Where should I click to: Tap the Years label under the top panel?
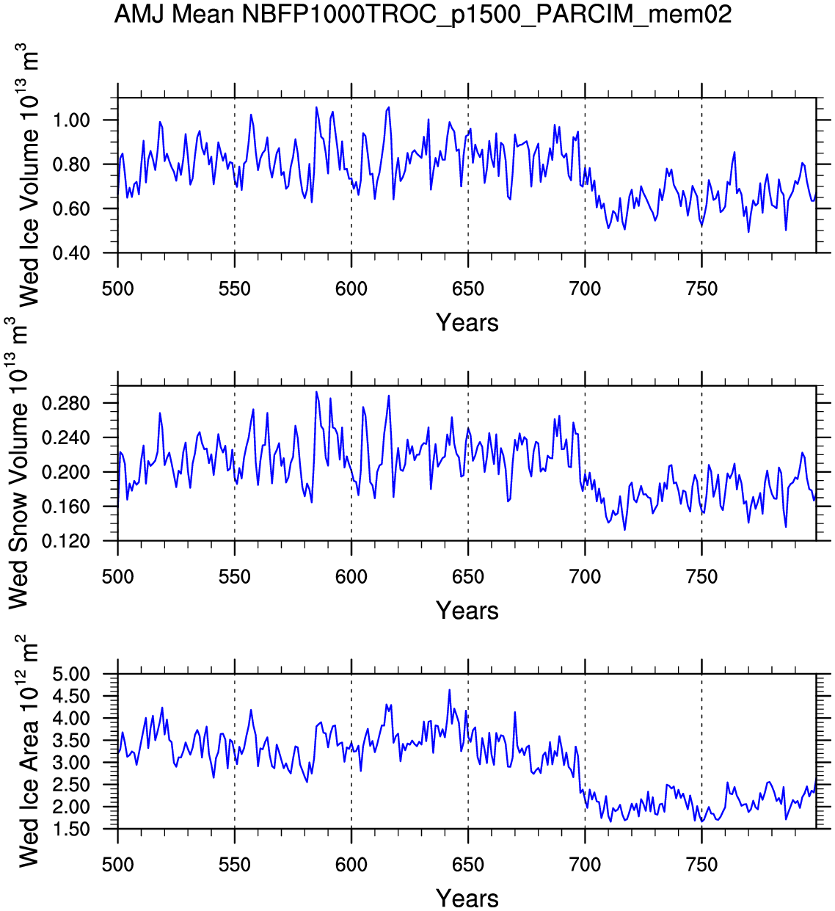[x=467, y=323]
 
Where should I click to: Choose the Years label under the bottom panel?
[x=467, y=899]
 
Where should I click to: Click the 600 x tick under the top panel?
[x=351, y=289]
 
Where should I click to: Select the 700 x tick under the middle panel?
[x=585, y=577]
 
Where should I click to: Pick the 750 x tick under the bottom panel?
[x=701, y=865]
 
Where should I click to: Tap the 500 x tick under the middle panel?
[x=118, y=577]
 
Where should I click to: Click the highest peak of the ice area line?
[x=450, y=689]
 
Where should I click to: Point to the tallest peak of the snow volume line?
[x=317, y=391]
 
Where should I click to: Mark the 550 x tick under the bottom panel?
[x=235, y=865]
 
